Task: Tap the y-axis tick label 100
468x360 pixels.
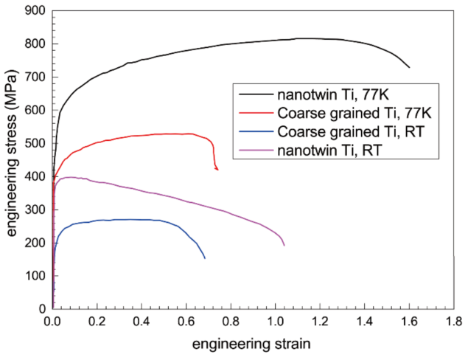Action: pos(37,275)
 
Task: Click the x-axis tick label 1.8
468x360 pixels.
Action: pos(454,322)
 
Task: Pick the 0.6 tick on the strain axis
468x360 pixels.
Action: pos(186,322)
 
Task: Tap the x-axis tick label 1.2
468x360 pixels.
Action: pos(321,322)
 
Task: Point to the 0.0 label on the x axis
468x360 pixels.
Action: pos(53,322)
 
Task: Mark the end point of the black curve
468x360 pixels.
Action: pos(409,68)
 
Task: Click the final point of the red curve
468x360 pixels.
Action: pos(217,170)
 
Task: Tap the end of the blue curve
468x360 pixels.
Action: pos(205,258)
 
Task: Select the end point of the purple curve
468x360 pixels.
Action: pos(284,246)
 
